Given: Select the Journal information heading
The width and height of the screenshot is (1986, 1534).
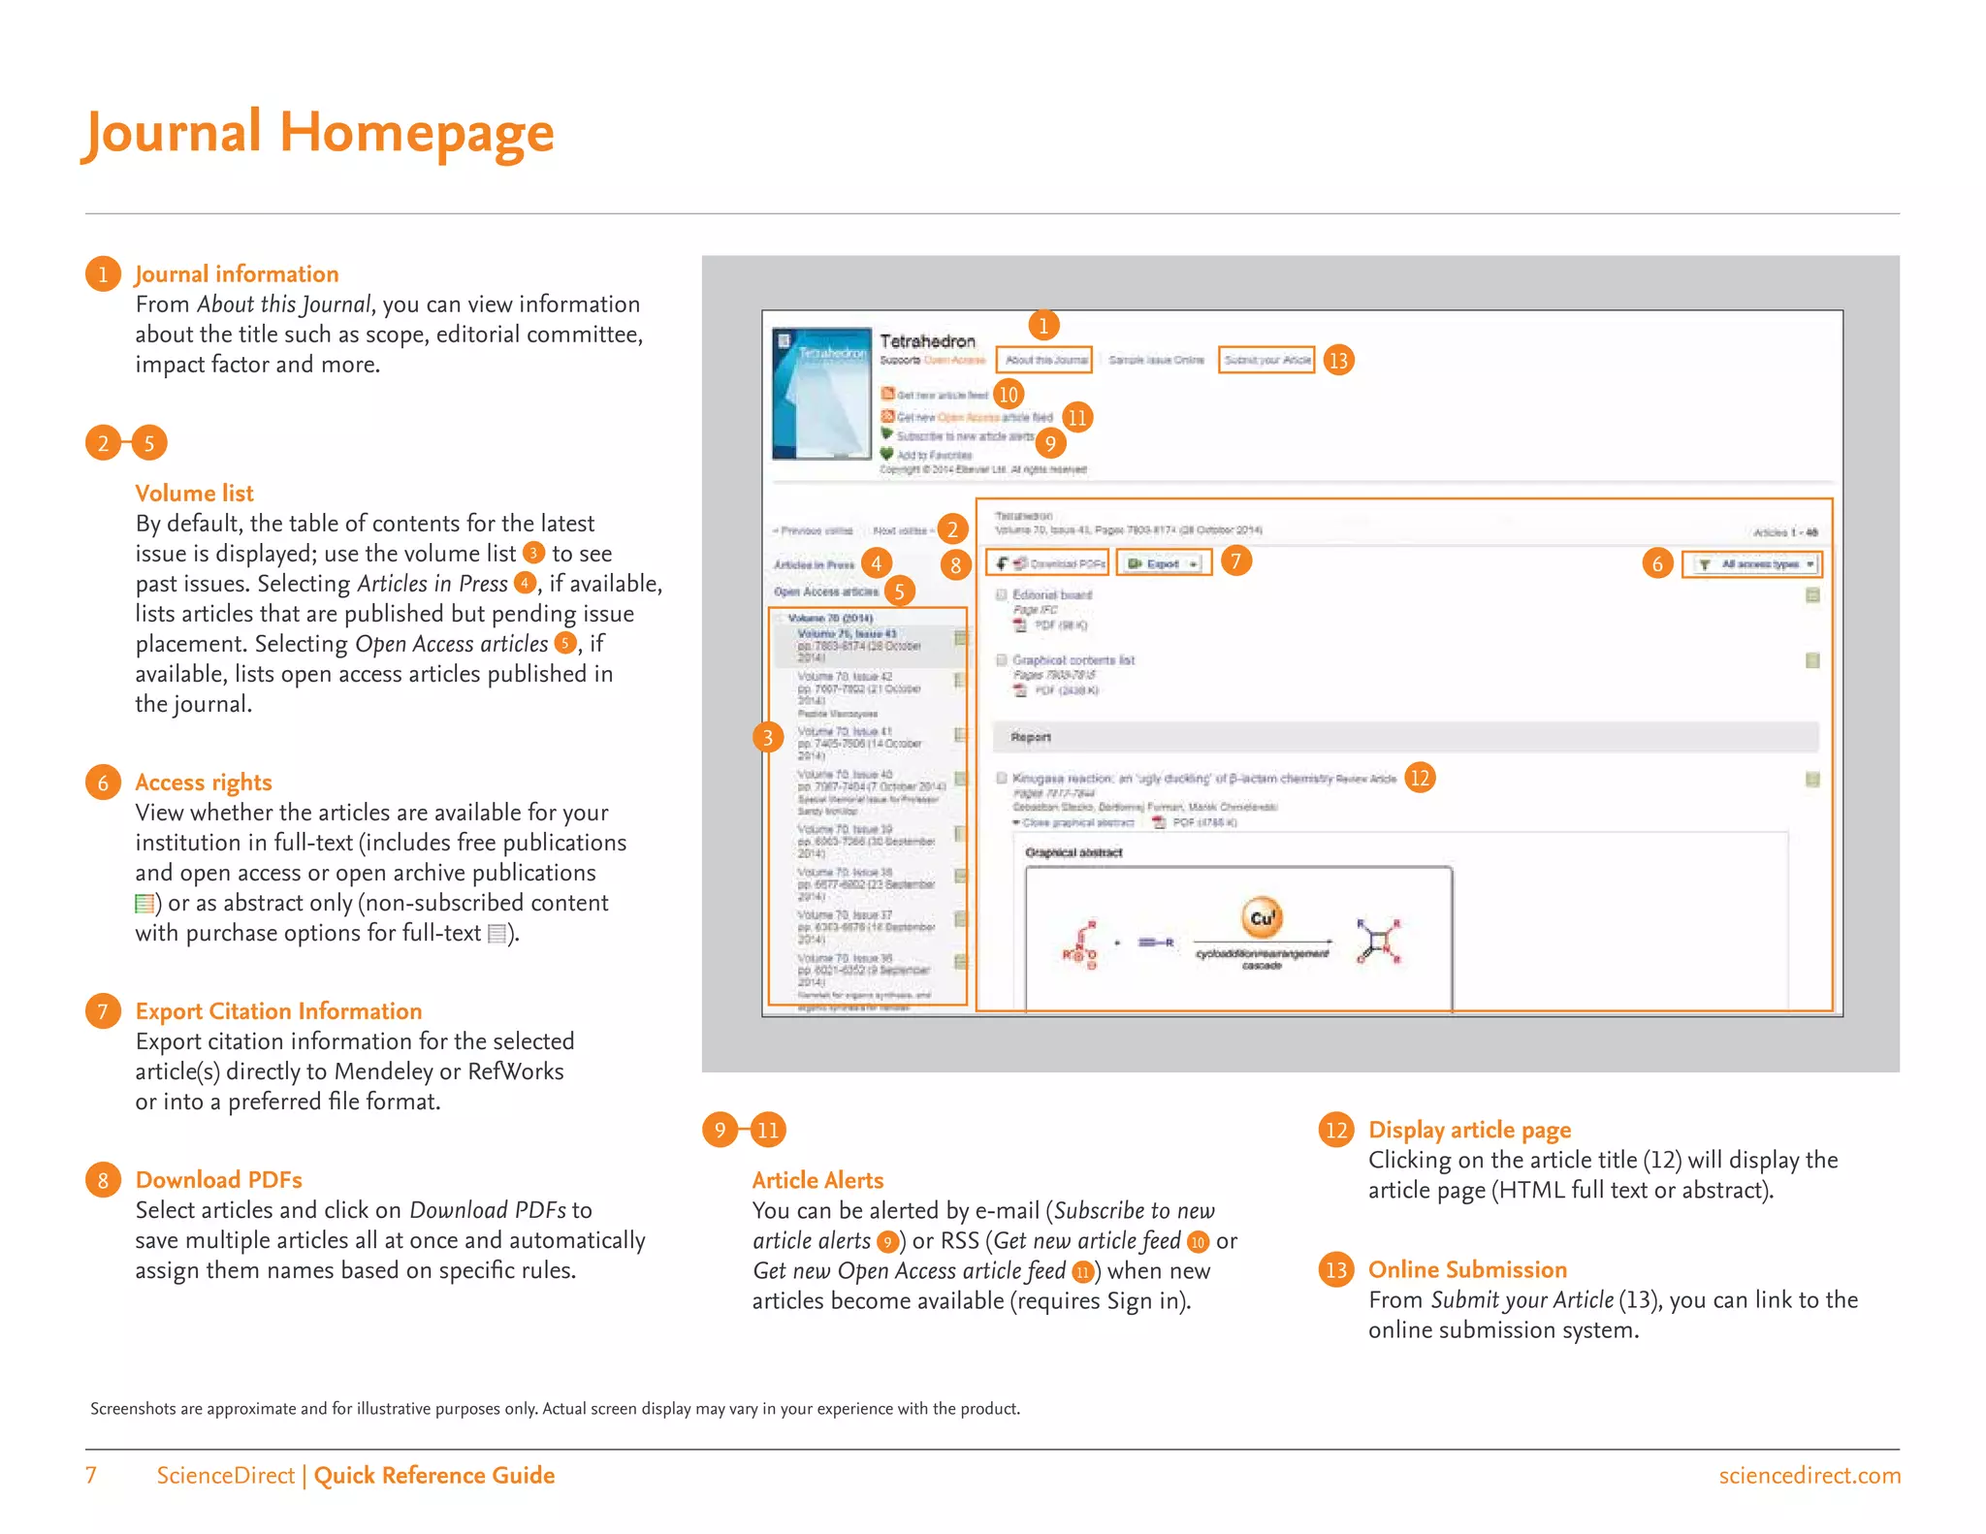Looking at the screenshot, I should (237, 274).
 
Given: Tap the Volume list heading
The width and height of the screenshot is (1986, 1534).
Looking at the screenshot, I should (194, 494).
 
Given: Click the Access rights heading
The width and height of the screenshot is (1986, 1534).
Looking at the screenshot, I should (204, 783).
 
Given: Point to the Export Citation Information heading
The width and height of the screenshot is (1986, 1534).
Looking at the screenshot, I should (278, 1011).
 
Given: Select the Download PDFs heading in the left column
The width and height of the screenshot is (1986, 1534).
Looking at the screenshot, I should (218, 1180).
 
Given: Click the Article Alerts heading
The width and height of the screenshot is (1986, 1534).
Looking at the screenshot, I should (817, 1180).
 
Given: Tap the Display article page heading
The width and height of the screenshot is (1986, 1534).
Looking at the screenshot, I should (1469, 1130).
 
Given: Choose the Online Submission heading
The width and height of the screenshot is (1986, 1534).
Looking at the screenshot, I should (1467, 1269).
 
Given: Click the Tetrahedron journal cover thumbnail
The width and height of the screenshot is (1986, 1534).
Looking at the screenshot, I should (821, 394).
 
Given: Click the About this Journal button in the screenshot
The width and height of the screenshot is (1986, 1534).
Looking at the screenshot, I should (1044, 360).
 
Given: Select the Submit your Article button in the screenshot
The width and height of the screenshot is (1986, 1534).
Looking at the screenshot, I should (1266, 360).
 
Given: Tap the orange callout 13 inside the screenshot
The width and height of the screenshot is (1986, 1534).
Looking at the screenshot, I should (1338, 361).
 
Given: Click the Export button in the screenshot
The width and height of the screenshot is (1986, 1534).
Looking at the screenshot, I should (1163, 563).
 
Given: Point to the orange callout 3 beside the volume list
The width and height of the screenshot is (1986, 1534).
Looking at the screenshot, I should (768, 738).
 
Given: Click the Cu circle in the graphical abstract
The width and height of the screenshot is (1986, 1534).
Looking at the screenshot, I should (1262, 917).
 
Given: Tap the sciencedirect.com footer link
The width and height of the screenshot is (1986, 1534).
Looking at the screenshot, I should (1809, 1476).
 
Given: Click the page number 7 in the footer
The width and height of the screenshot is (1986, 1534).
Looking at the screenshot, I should (91, 1476).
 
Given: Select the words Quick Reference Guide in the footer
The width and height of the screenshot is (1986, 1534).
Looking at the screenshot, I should (433, 1476).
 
